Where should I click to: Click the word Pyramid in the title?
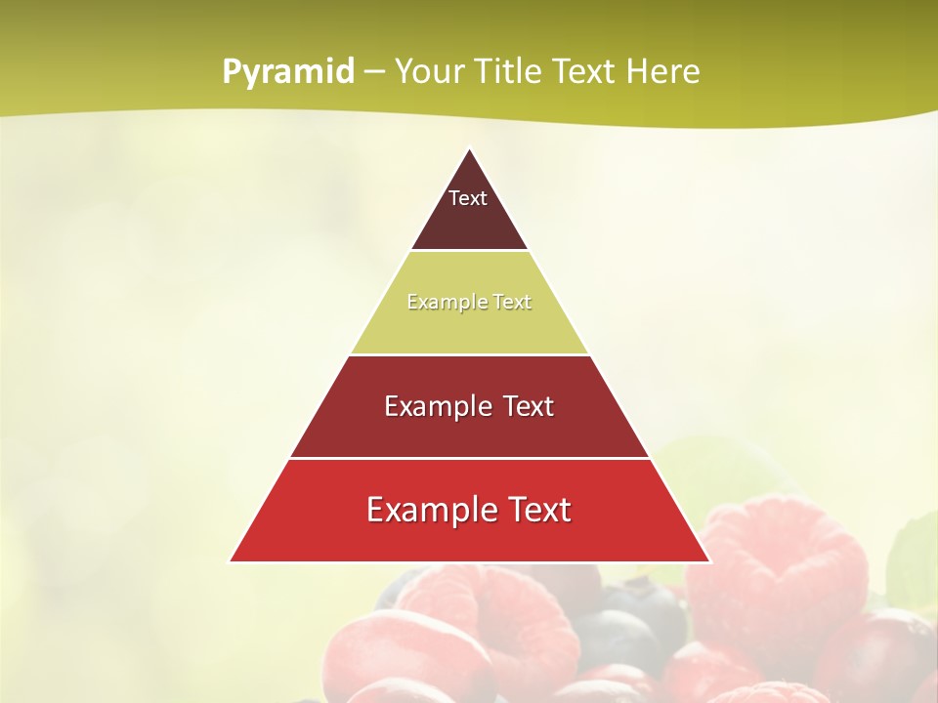click(287, 72)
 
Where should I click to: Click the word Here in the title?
click(662, 72)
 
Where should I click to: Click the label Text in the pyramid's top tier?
click(468, 198)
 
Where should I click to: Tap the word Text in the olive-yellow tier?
click(512, 302)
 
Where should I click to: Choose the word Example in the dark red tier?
click(433, 406)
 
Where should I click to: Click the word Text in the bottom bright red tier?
click(542, 510)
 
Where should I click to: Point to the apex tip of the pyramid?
click(469, 150)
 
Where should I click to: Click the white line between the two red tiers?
click(469, 458)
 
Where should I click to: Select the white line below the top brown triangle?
click(469, 250)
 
